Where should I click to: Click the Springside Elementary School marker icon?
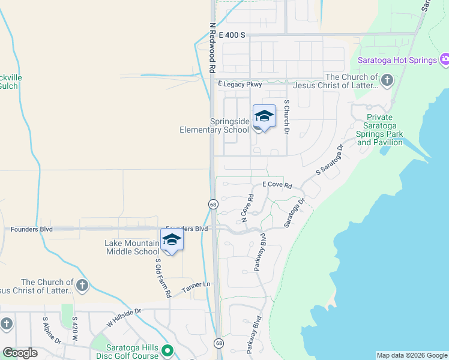(264, 116)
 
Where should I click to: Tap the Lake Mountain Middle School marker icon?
(172, 240)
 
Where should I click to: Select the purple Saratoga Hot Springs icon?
(444, 60)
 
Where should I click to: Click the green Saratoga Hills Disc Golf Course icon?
(169, 350)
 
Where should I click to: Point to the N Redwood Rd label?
(212, 48)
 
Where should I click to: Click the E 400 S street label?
(232, 35)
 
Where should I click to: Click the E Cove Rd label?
(277, 185)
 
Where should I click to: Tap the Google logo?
(20, 353)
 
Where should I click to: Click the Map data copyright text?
(412, 355)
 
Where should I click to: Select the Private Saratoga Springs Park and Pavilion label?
(379, 130)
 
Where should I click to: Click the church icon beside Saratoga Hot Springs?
(388, 79)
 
